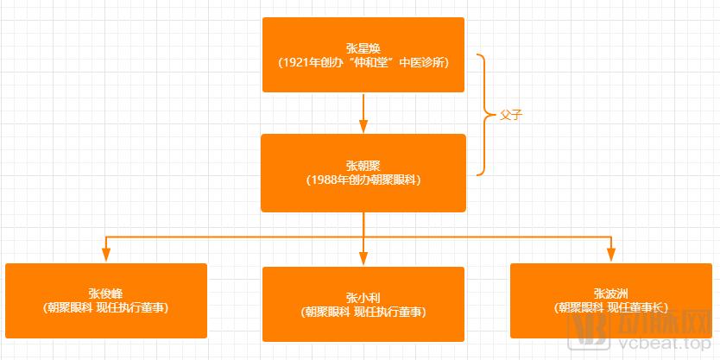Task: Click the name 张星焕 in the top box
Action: click(363, 47)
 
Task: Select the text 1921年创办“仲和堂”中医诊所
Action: click(363, 63)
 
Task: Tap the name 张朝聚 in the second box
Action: click(363, 165)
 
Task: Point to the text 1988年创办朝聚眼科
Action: click(363, 180)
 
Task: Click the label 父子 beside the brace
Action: click(512, 116)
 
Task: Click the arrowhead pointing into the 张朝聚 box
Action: click(363, 126)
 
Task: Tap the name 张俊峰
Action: click(106, 294)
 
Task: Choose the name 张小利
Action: click(363, 298)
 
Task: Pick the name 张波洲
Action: click(610, 294)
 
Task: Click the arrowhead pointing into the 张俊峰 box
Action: click(106, 255)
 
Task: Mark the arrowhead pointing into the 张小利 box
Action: click(363, 258)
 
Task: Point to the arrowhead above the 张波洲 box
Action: click(610, 255)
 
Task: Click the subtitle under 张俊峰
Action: click(106, 308)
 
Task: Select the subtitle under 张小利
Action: click(363, 313)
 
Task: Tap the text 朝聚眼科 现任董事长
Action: click(610, 308)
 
